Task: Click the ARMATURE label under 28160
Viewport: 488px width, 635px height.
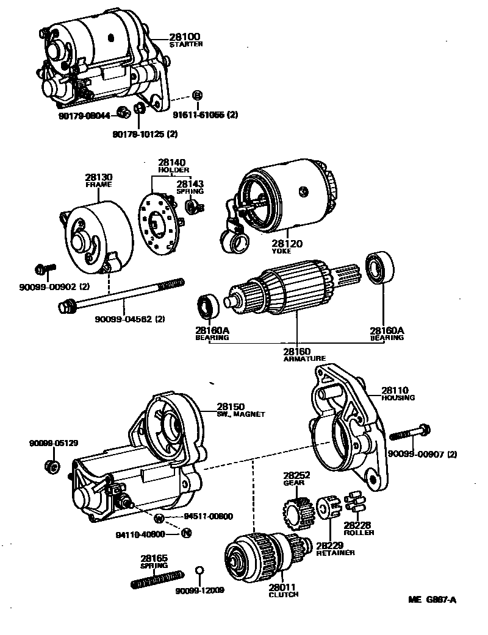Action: [304, 358]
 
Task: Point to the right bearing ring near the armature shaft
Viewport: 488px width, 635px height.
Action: [379, 269]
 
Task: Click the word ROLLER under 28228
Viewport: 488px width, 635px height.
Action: [359, 532]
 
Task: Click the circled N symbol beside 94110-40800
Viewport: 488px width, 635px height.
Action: [186, 533]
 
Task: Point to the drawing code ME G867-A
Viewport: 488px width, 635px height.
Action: [432, 600]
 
